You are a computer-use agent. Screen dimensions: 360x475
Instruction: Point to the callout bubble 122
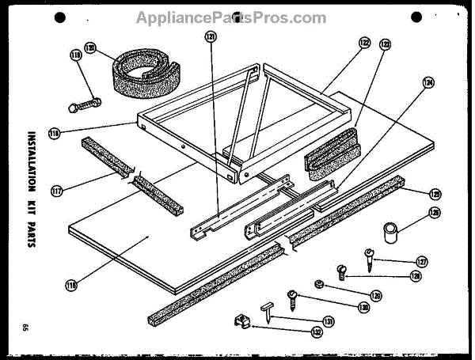363,43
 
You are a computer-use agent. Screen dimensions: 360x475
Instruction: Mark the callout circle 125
435,192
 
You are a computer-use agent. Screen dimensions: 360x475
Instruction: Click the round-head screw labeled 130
294,300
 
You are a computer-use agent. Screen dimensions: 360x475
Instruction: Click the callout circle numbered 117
55,190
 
